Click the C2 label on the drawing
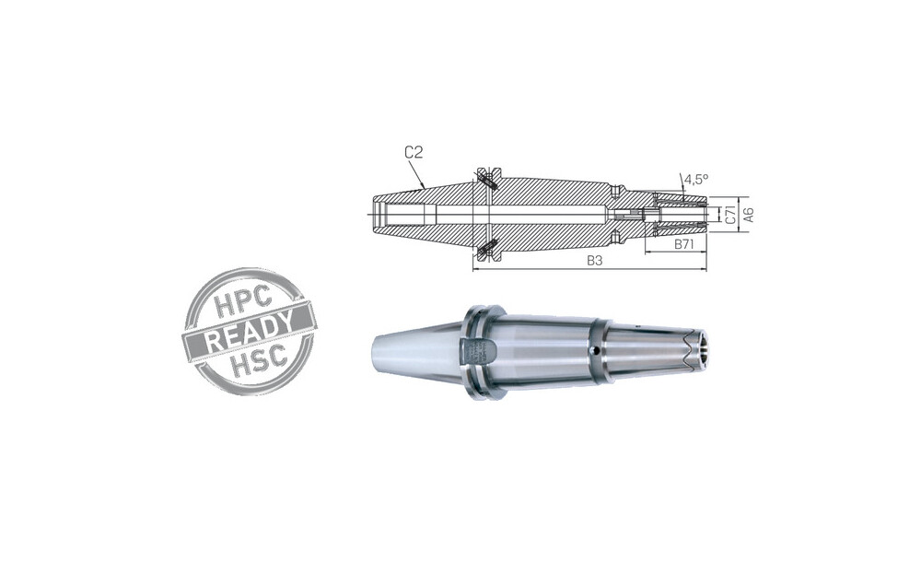pos(414,153)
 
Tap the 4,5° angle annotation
pos(696,179)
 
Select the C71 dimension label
pos(730,214)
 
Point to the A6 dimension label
pos(748,214)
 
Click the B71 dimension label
pos(683,244)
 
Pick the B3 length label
pos(595,261)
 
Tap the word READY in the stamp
pos(249,332)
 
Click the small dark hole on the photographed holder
pos(595,351)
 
